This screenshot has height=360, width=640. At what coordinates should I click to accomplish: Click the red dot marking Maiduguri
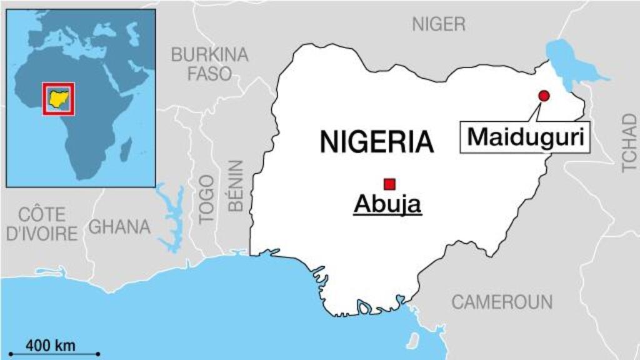(544, 96)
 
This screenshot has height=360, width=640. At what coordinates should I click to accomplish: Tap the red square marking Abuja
(390, 184)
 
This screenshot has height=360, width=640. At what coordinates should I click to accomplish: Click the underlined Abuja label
(387, 204)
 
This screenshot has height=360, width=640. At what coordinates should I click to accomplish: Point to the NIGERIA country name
(376, 142)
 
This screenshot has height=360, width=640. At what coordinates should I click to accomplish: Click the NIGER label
(439, 24)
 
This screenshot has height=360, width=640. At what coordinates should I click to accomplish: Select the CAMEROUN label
(502, 302)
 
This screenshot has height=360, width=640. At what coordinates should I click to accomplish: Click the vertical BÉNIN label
(236, 186)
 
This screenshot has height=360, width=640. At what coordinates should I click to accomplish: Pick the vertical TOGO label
(206, 199)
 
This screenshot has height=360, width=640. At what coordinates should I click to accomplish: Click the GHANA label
(119, 227)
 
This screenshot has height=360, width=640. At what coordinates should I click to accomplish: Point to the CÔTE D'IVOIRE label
(42, 224)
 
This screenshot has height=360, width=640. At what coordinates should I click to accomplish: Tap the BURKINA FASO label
(209, 64)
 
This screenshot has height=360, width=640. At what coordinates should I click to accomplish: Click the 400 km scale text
(51, 344)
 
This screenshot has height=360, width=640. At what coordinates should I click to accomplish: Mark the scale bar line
(54, 354)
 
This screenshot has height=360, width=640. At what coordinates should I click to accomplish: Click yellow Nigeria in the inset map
(59, 98)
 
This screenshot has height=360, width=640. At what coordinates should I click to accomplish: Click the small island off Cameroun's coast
(412, 341)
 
